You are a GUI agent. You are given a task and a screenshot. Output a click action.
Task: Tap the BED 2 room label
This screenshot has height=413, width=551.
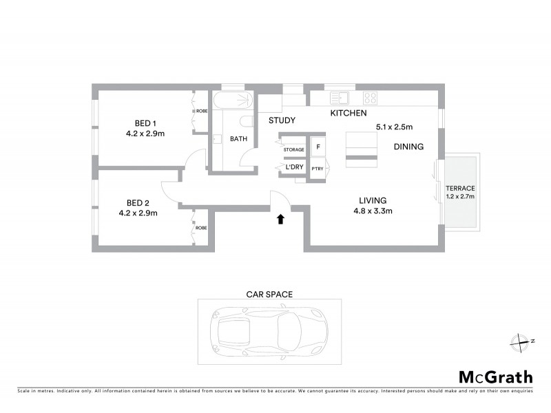pos(138,203)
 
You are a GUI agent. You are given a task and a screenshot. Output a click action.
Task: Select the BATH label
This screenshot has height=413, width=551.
pos(238,139)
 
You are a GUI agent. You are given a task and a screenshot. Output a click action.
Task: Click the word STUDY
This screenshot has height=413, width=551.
pos(282,120)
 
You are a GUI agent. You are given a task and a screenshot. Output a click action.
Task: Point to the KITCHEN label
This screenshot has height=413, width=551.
pos(349,113)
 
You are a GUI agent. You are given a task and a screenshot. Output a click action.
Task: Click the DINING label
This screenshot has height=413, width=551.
pos(408,147)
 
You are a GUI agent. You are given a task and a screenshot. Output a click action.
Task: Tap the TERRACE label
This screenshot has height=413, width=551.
pos(460,188)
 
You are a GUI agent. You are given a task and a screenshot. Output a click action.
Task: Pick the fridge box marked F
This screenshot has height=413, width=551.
pos(318,147)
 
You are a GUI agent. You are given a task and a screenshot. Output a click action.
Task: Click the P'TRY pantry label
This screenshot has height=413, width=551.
pos(318,168)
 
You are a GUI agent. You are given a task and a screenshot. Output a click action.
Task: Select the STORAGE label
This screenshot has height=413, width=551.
pos(293,149)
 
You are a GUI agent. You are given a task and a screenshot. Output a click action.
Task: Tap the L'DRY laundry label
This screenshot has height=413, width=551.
pos(294,167)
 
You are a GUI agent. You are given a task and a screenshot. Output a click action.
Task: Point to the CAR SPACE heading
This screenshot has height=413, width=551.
pos(269,294)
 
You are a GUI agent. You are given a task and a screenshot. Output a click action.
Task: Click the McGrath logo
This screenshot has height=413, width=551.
pos(495,377)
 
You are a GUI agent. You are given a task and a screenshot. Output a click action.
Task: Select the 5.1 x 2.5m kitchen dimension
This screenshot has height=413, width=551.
pos(393,127)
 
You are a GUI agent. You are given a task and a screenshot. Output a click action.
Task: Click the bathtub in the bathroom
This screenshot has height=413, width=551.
pos(232,100)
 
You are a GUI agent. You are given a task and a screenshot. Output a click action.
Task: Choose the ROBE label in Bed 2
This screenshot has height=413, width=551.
pos(201,228)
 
